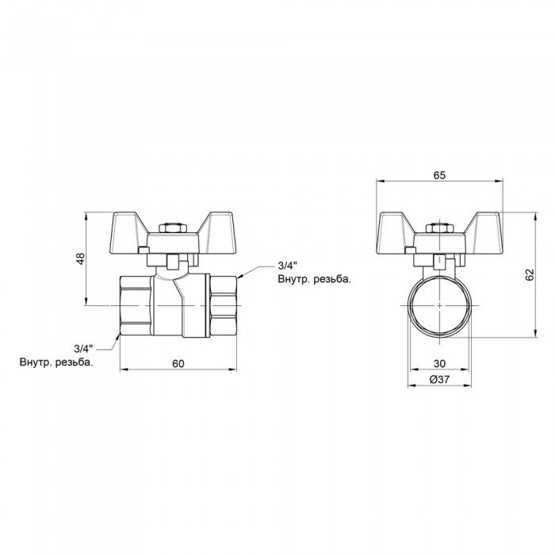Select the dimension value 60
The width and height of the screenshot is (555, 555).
coord(178,363)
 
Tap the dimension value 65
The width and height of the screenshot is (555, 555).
coord(440,176)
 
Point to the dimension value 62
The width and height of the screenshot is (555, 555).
coord(530,274)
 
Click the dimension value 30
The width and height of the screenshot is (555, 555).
coord(440,363)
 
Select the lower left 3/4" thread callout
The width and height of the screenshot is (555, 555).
coord(83,348)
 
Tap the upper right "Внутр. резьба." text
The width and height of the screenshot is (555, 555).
coord(314,280)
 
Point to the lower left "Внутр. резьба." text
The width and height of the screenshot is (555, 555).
coord(56,362)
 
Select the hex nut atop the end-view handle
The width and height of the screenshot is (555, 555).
coord(440,230)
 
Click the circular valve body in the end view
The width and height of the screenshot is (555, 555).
coord(440,306)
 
